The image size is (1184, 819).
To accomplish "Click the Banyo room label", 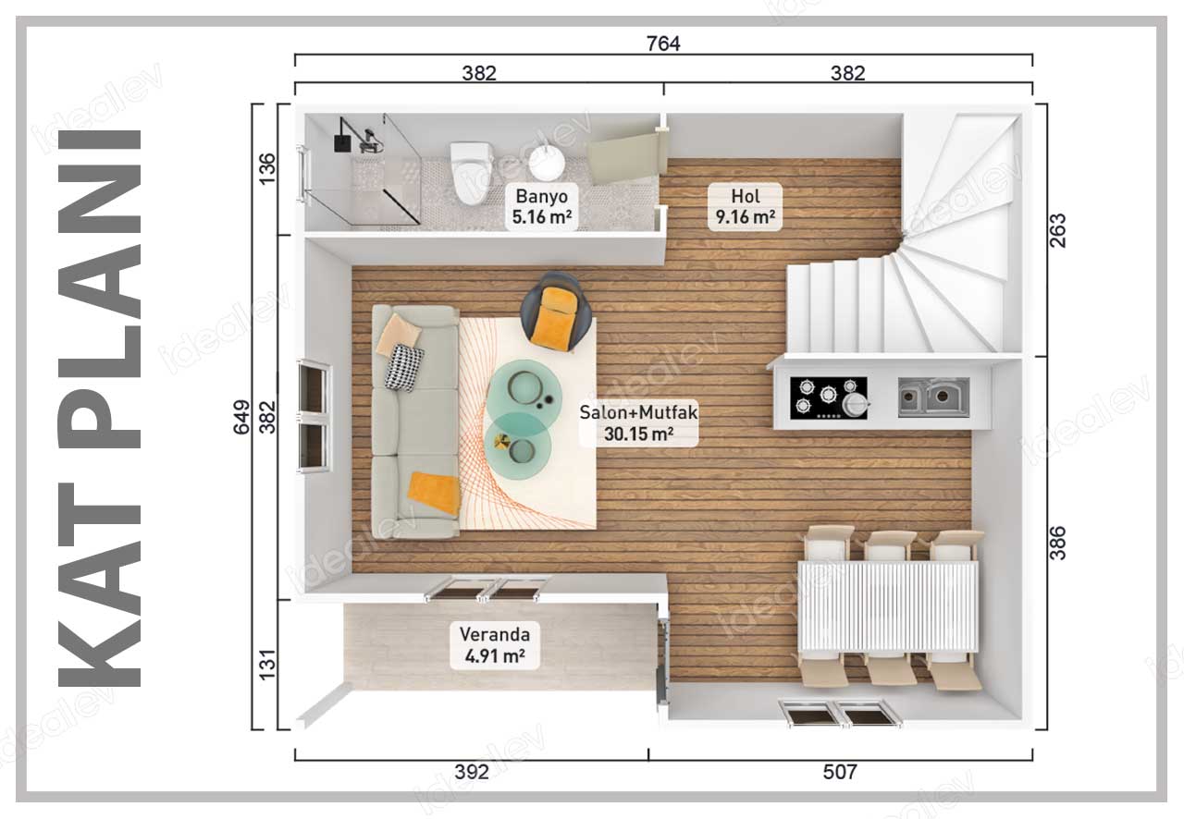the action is coord(541,207).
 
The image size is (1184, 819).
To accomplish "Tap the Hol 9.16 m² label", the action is coord(746,207).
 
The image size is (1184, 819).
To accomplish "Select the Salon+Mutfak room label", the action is coord(638,423).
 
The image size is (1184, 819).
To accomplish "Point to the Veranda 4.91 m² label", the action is coord(495,645).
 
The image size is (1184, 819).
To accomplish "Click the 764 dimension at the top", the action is coord(663,43).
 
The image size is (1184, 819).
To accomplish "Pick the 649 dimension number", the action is coord(241,418).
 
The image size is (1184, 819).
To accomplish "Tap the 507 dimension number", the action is coord(839,773).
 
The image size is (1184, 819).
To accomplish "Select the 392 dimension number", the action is coord(472,773).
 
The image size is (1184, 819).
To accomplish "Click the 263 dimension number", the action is coord(1058,231).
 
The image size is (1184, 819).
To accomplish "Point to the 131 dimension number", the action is coord(268,665).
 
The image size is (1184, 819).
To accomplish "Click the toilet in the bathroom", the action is coord(472,173).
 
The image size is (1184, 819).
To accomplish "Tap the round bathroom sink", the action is coord(547,162).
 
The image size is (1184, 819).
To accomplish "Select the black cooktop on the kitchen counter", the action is coord(829,397).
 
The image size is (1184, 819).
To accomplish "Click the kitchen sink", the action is coord(934,397).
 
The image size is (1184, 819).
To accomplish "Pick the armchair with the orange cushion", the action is coord(556,312).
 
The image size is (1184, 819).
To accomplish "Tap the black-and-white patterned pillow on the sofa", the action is coord(404,368).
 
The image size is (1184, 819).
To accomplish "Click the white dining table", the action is coord(888,606).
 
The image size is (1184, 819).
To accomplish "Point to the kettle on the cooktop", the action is coord(856,405).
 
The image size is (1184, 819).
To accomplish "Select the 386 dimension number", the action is coord(1058,543).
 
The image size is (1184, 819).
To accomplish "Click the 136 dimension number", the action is coord(268,168).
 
